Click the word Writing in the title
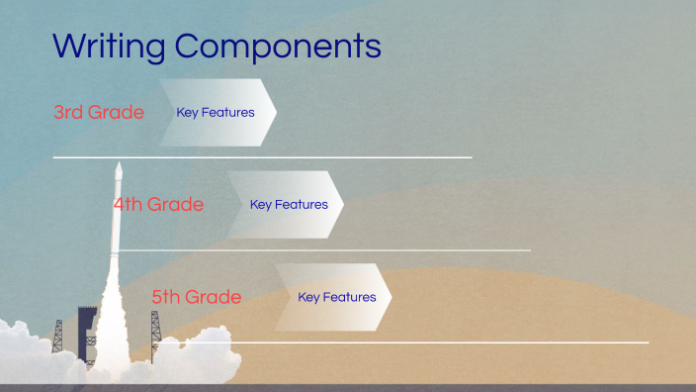coord(109,47)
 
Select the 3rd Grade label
coord(99,113)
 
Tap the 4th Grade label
coord(158,205)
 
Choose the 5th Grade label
coord(197,297)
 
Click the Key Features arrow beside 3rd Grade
coord(217,113)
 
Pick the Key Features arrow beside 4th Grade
coord(287,205)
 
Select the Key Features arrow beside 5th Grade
coord(334,297)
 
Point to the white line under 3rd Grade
coord(262,157)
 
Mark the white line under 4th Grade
coord(326,250)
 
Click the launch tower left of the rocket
coord(58,337)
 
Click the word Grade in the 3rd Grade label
coord(116,113)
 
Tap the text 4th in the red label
coord(128,205)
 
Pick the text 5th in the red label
coord(166,297)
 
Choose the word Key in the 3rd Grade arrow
coord(187,113)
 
